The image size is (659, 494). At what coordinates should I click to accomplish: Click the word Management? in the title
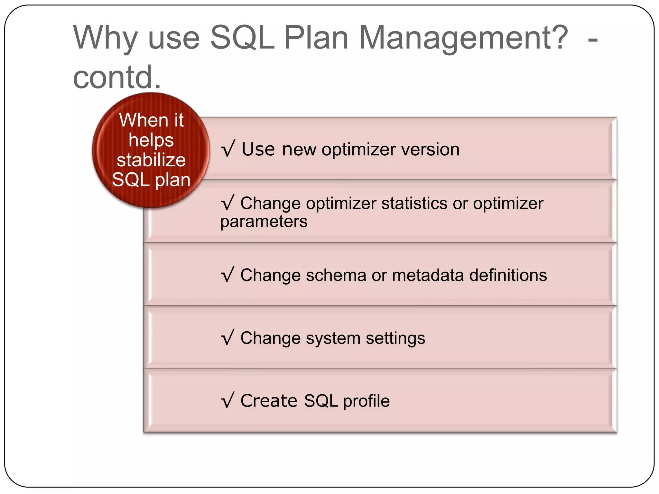pos(463,38)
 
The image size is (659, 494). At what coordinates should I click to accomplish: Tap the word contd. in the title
pos(117,77)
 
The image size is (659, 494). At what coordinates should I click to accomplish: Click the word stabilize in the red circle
pos(151,160)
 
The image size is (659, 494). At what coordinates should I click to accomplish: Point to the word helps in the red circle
pos(151,140)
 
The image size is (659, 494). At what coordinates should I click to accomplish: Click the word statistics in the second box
pos(414,203)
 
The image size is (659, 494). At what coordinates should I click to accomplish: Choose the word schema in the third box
pos(336,275)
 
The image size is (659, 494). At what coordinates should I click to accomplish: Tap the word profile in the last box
pos(366,401)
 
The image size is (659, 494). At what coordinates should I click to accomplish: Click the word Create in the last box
pos(269,401)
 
